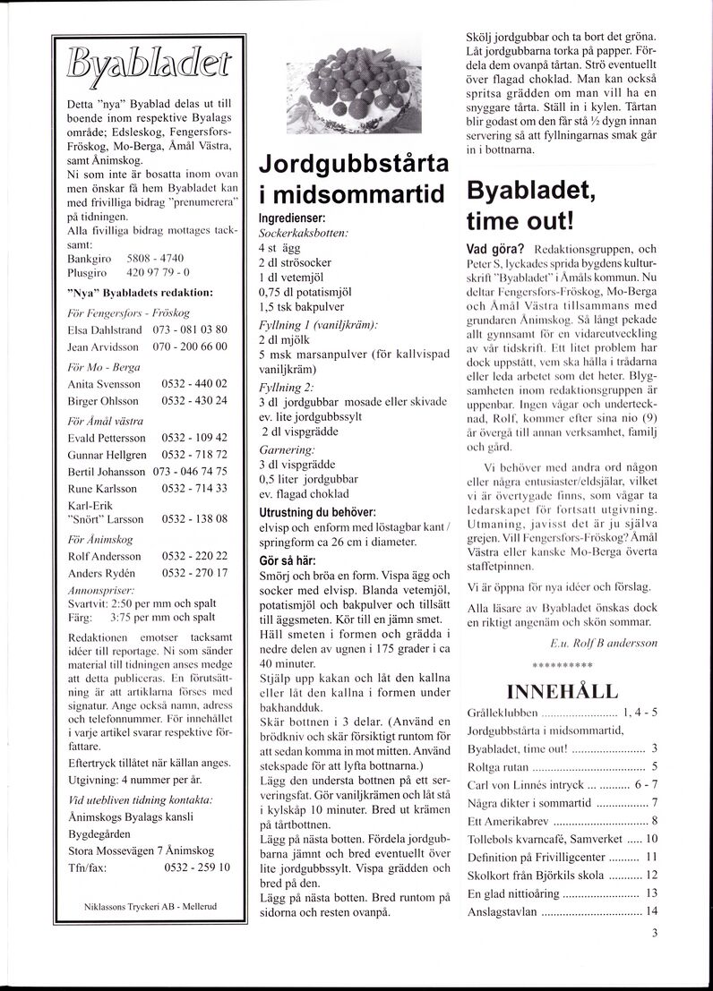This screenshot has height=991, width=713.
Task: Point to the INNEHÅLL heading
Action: click(562, 691)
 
